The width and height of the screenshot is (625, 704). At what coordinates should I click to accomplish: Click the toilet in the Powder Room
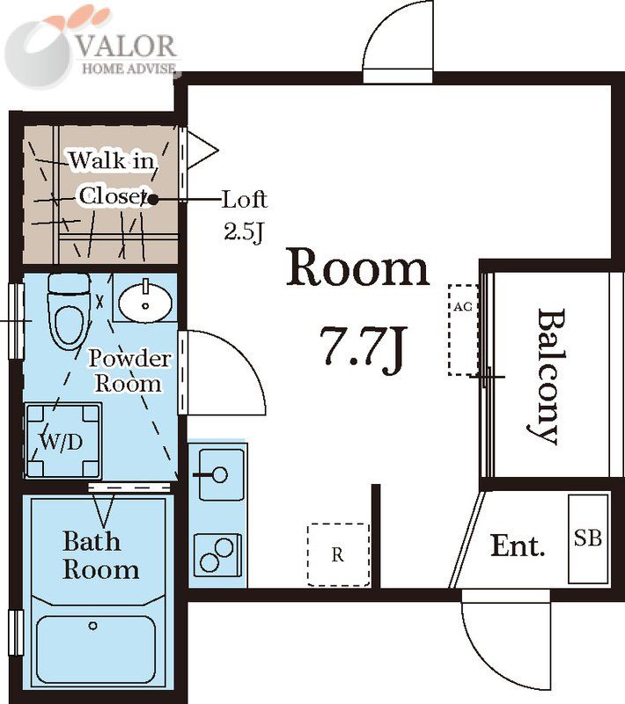(x=69, y=312)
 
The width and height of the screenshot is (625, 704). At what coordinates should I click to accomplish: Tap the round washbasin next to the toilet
(x=145, y=302)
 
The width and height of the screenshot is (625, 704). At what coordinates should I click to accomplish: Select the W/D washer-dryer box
(x=63, y=441)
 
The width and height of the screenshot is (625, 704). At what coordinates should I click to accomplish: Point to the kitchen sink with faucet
(x=221, y=474)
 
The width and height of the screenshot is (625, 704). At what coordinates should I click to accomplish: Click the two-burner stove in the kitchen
(x=217, y=555)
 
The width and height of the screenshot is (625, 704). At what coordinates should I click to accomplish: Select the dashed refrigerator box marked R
(x=338, y=555)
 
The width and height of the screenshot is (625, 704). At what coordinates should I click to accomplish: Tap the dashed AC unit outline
(x=463, y=329)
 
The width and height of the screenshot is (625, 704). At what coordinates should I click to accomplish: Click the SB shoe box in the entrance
(x=588, y=539)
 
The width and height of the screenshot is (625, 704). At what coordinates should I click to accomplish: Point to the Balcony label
(x=548, y=377)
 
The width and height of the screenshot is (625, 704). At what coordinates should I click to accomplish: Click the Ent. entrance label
(x=518, y=546)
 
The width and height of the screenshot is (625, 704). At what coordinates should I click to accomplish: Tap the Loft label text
(x=245, y=200)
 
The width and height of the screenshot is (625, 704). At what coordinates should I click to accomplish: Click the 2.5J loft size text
(x=244, y=232)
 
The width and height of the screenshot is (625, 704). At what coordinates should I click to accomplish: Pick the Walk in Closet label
(x=113, y=179)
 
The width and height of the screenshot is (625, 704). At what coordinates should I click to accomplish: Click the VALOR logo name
(x=126, y=46)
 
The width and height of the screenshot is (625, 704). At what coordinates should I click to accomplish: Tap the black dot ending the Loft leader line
(x=153, y=200)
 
